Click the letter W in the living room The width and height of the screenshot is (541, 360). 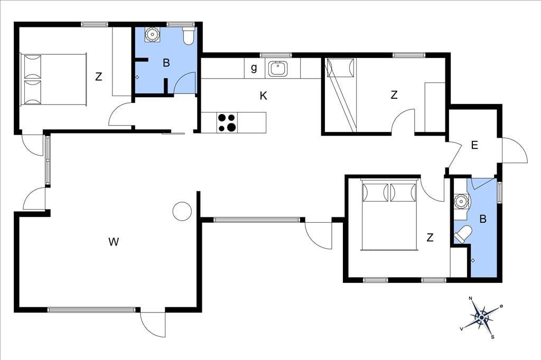click(x=114, y=242)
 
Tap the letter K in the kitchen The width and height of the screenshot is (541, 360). click(x=263, y=96)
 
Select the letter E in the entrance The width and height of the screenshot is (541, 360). click(x=474, y=145)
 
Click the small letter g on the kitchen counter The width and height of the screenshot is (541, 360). click(x=254, y=68)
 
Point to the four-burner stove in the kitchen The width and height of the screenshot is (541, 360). click(x=227, y=123)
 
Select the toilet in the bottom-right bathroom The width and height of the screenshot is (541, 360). click(x=463, y=234)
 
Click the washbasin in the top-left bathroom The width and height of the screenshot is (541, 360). click(x=152, y=34)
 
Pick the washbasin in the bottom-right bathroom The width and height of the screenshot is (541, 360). click(x=460, y=202)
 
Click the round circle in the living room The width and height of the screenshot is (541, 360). click(x=182, y=211)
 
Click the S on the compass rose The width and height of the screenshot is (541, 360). click(x=493, y=337)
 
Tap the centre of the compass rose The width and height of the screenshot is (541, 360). click(x=482, y=317)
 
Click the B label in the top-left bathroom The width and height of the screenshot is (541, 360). click(x=166, y=63)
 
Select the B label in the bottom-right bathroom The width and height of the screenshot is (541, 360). click(x=483, y=219)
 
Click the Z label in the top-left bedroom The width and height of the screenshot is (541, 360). click(x=99, y=76)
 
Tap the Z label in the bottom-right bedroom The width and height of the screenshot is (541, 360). click(x=430, y=237)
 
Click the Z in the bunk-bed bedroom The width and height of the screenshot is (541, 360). click(x=394, y=94)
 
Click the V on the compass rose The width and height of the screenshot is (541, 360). click(x=461, y=329)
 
